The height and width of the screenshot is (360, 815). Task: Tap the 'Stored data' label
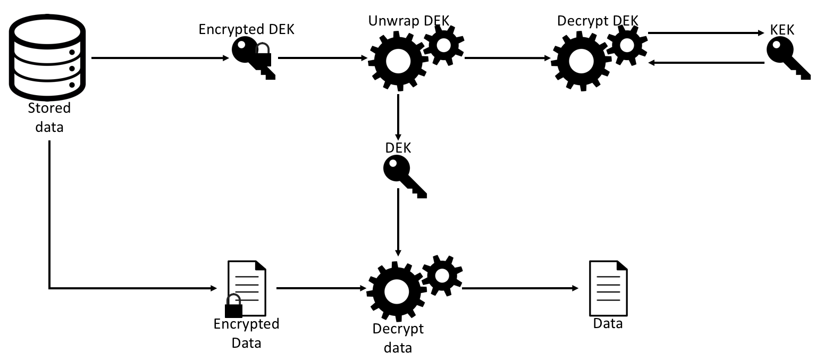pos(49,118)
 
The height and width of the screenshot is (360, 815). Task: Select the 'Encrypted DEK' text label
pos(246,29)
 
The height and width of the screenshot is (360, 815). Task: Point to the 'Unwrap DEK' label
pos(408,21)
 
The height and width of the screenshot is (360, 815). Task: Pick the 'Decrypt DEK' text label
pos(598,21)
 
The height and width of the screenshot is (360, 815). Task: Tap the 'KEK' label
pos(782,30)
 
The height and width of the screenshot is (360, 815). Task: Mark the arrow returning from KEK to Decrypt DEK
pos(705,63)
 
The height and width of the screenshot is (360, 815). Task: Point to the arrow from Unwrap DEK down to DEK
pos(398,117)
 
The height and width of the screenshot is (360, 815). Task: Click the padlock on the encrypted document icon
pos(233,308)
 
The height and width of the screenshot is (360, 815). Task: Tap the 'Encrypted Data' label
pos(246,333)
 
